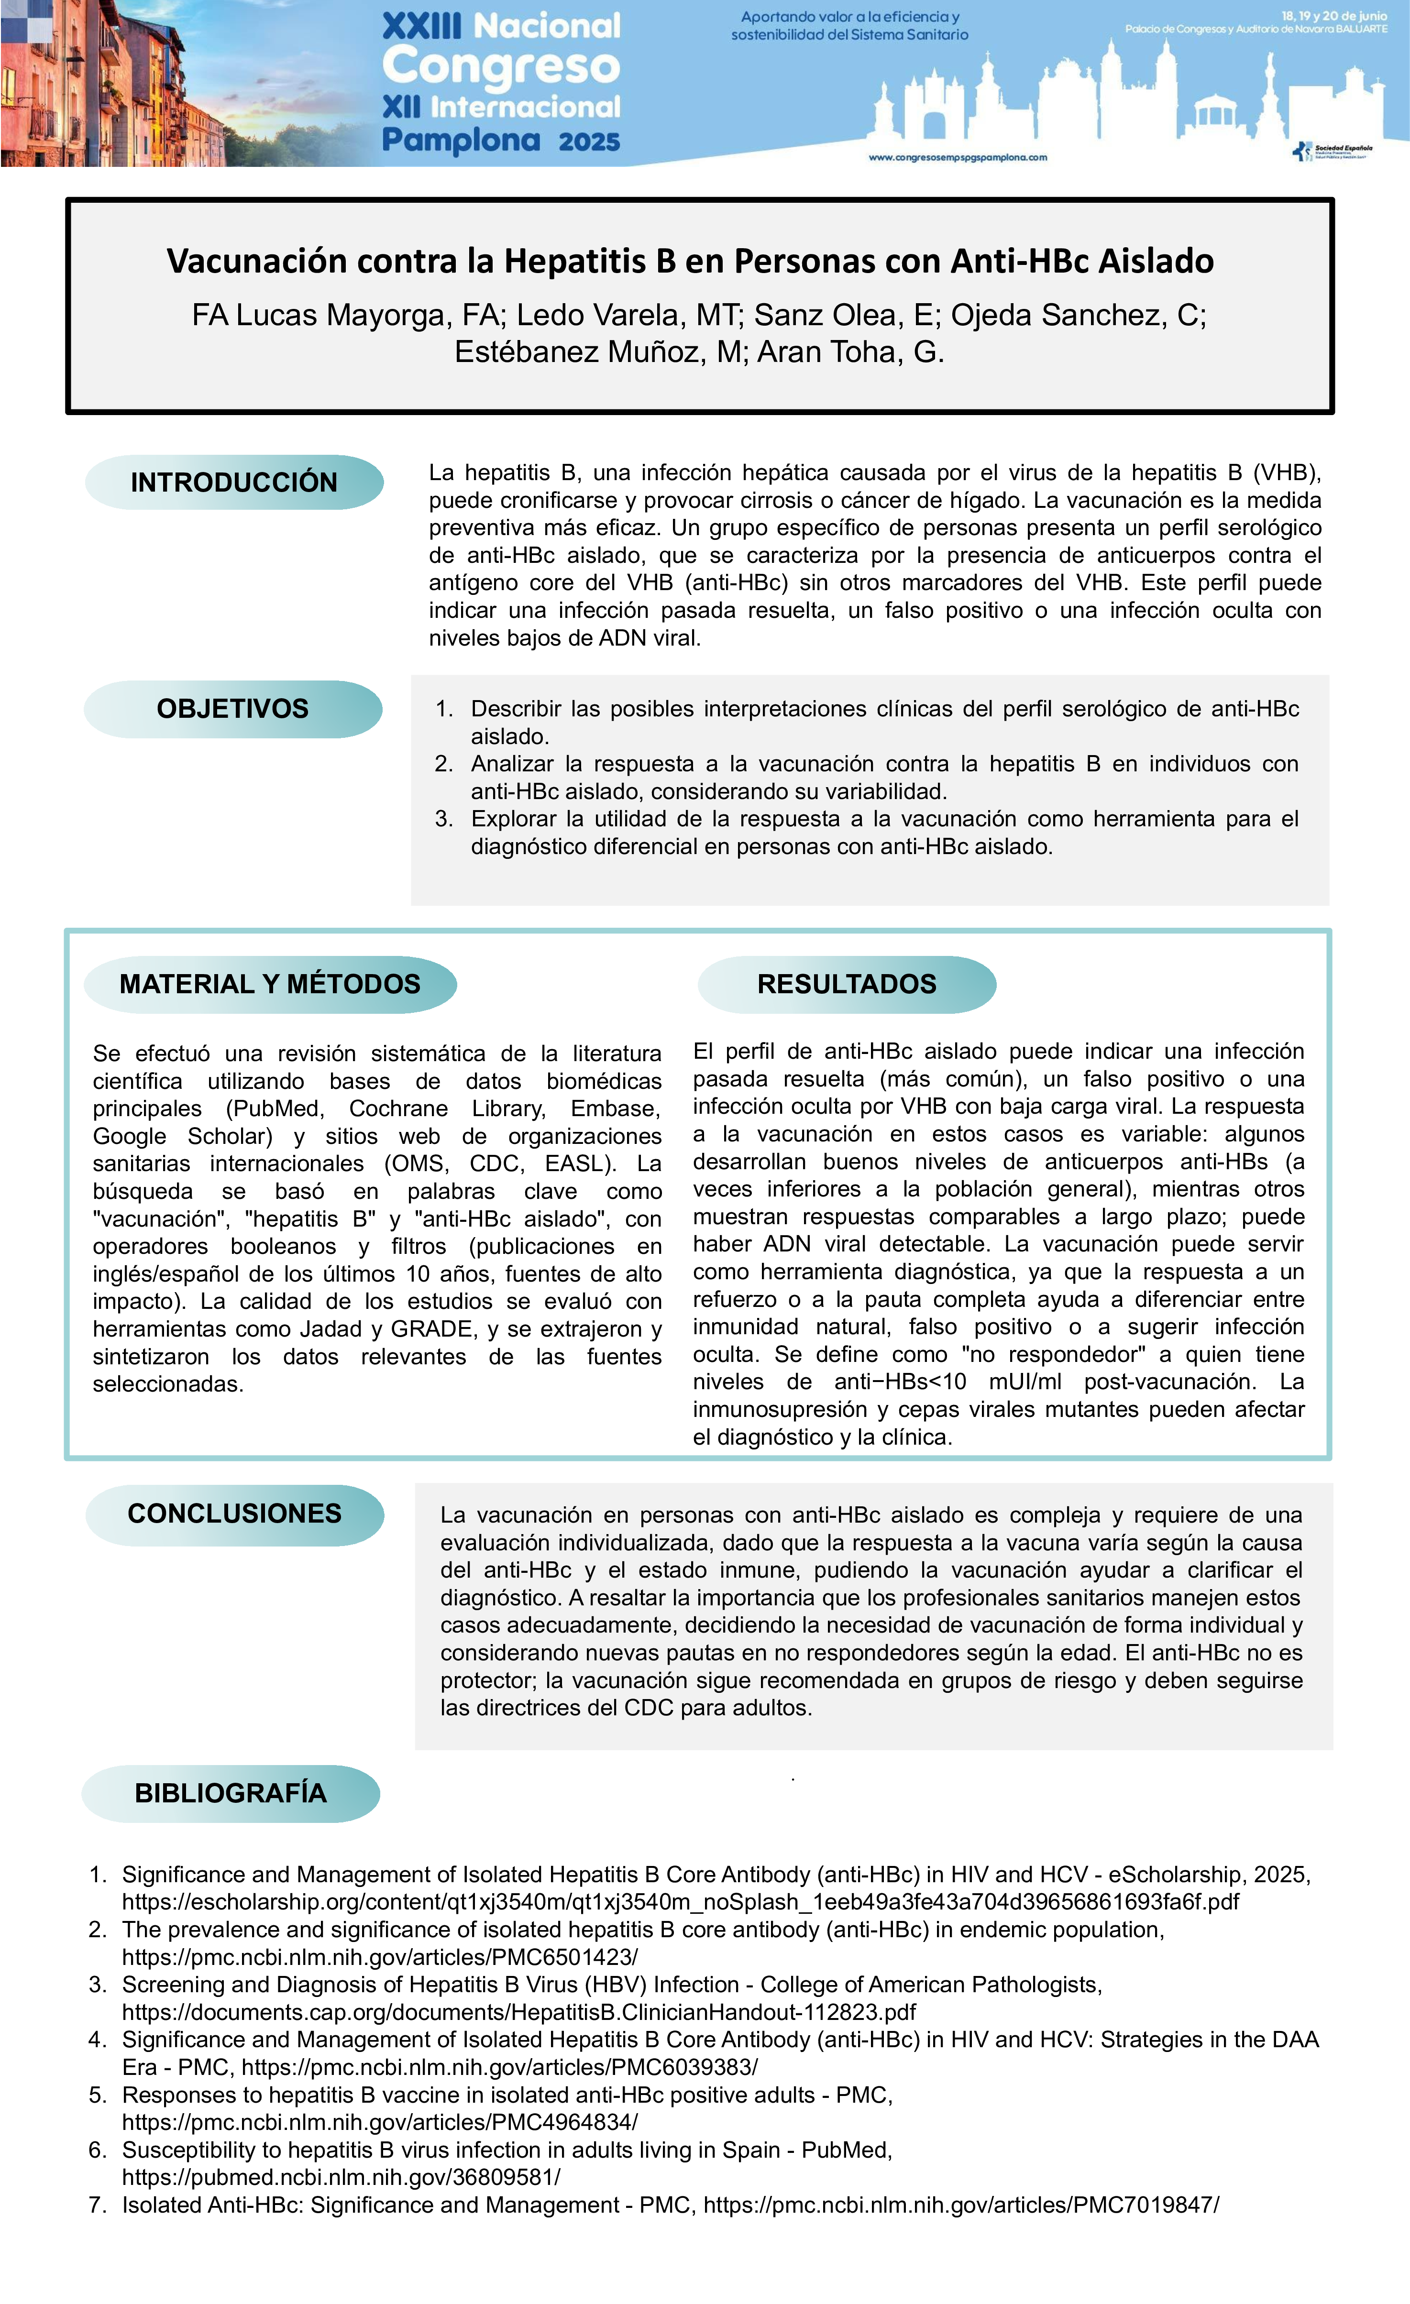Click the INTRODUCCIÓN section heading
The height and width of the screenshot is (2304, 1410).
(234, 483)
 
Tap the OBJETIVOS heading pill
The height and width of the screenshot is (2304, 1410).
(233, 709)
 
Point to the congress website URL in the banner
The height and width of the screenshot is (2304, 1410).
(958, 158)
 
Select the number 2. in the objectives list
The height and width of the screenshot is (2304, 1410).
(444, 764)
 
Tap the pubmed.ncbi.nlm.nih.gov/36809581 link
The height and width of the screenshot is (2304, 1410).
(341, 2177)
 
